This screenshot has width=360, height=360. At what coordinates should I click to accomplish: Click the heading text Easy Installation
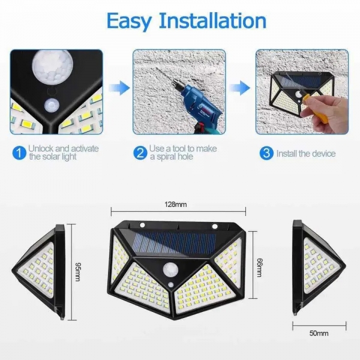[x=185, y=20]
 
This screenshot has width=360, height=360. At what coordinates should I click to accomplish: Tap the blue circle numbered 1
[x=19, y=153]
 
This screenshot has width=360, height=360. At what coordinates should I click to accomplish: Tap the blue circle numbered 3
[x=266, y=153]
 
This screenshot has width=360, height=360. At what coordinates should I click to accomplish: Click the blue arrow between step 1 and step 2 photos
[x=122, y=89]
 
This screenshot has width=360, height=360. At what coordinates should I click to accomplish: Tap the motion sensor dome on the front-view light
[x=176, y=271]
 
